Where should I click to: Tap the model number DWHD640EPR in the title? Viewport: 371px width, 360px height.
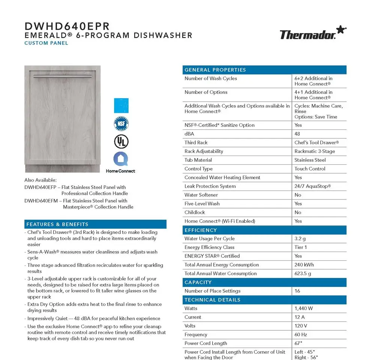pos(67,26)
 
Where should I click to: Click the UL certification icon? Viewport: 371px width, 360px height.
pos(121,141)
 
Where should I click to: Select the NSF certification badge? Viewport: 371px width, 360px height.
pos(121,123)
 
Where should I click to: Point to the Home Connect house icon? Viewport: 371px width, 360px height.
pos(121,159)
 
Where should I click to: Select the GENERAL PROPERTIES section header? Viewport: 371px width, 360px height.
pos(215,70)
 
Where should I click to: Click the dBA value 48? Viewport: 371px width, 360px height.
pos(298,134)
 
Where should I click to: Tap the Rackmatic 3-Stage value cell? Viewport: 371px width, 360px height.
pos(315,151)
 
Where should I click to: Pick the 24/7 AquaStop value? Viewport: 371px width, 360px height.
pos(313,186)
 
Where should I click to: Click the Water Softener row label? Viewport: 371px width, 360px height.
pos(201,195)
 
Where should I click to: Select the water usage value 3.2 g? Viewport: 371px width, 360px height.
pos(301,238)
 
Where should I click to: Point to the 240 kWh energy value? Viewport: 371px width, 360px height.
pos(304,265)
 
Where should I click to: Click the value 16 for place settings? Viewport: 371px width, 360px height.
pos(298,291)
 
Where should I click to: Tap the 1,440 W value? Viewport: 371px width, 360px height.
pos(304,309)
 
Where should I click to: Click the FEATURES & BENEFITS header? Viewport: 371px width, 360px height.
pos(57,224)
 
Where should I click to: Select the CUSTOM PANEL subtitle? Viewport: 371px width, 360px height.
pos(46,43)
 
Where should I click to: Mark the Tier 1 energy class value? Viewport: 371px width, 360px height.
pos(301,247)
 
